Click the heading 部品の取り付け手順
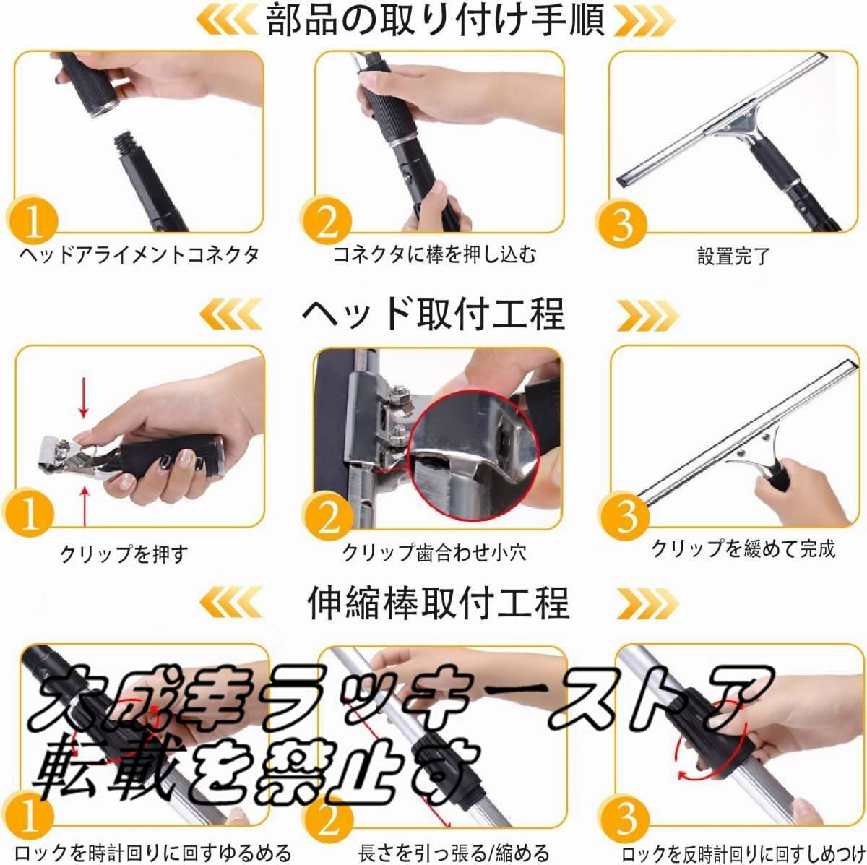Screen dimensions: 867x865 [435, 21]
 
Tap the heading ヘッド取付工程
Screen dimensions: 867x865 [433, 314]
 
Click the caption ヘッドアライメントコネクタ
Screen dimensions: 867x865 [139, 254]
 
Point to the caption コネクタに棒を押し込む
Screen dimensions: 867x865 [435, 254]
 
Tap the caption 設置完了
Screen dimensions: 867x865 [733, 256]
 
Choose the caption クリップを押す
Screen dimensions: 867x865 [124, 554]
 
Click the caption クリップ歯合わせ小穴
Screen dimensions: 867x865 [434, 552]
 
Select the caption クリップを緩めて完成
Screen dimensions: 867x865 [743, 548]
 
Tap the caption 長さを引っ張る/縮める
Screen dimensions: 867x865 [454, 853]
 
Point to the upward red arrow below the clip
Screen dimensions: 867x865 [85, 506]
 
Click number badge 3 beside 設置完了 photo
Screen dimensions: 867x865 [623, 224]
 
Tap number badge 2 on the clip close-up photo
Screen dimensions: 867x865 [329, 517]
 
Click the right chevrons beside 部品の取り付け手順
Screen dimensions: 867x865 [644, 21]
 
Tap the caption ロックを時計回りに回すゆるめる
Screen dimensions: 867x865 [152, 853]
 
